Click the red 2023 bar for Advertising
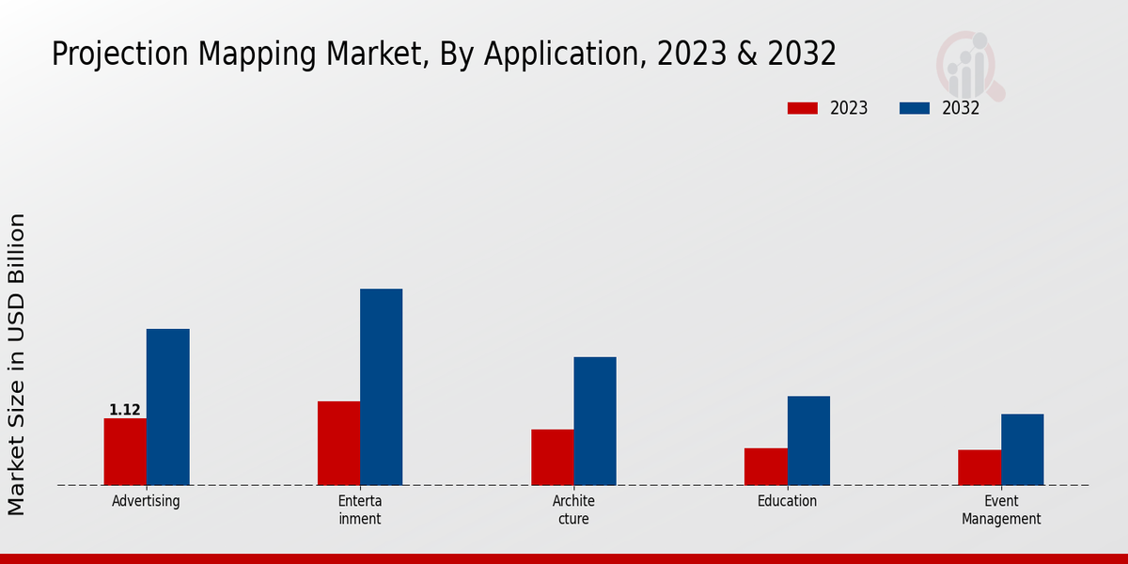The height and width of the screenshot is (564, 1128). [x=125, y=452]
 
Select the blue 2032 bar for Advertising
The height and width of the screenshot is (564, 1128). [x=167, y=407]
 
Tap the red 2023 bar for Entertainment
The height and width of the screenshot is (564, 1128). [x=338, y=444]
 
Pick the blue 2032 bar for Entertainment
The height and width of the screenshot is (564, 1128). [x=381, y=387]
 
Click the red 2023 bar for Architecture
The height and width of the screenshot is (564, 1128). [x=552, y=458]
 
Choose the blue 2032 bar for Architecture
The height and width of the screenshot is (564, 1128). [x=595, y=421]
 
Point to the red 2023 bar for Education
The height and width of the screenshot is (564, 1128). [x=766, y=467]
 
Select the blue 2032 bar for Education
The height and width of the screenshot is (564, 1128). [x=808, y=441]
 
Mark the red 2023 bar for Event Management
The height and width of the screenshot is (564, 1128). [x=979, y=468]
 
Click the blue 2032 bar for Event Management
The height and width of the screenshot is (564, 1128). [x=1022, y=450]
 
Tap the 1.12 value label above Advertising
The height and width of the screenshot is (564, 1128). [x=125, y=410]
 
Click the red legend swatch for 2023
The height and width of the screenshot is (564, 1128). [x=802, y=108]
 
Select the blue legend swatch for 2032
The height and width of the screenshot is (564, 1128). [x=914, y=108]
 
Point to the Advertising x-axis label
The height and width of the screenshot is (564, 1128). [x=146, y=501]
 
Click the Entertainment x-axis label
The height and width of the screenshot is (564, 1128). [x=360, y=509]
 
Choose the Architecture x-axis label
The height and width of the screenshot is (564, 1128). [x=573, y=509]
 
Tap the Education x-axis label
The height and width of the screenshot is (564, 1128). [x=787, y=501]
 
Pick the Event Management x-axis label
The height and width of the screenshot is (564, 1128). [x=1001, y=509]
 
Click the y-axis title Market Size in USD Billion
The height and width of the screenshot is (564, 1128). [x=17, y=365]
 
